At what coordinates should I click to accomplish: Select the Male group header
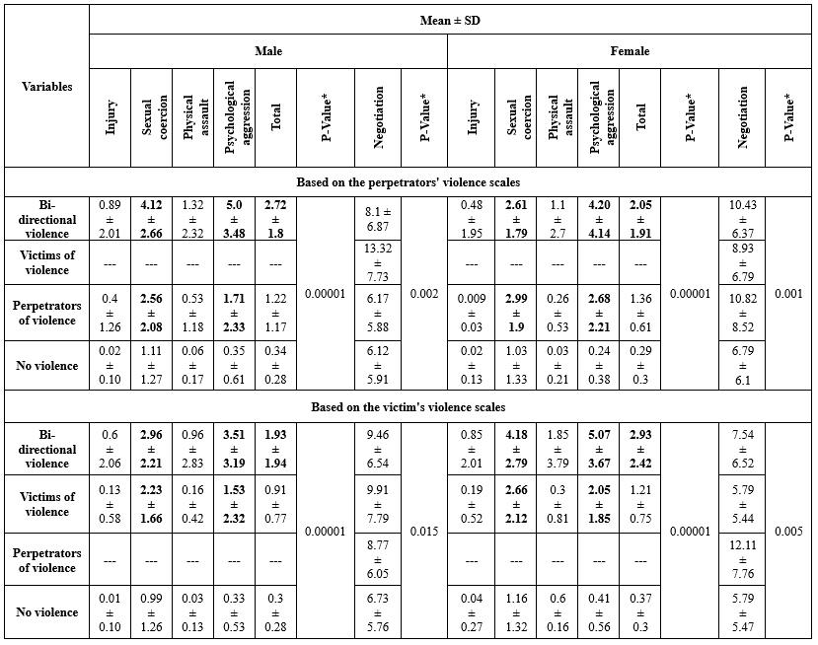(x=268, y=51)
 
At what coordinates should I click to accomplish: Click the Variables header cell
(x=46, y=86)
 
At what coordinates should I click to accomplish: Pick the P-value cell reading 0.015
(x=424, y=532)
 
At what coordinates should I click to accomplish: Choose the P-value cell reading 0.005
(x=788, y=532)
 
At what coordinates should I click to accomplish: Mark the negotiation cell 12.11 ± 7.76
(x=743, y=560)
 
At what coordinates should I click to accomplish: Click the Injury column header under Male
(x=112, y=117)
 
